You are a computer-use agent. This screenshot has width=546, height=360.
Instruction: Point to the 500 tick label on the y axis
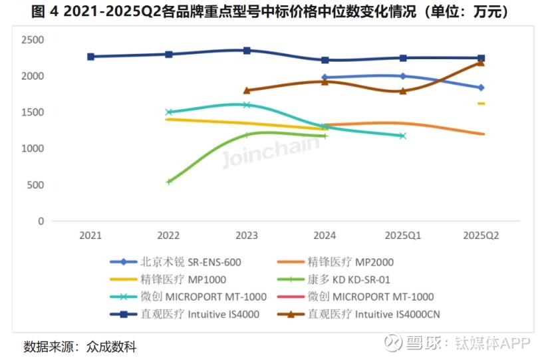35,185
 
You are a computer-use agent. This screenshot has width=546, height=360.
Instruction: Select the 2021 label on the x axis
90,235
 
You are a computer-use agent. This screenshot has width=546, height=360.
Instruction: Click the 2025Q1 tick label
402,235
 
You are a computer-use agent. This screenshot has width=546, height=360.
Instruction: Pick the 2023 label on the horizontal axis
247,235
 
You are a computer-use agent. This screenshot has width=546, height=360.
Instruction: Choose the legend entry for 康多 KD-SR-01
350,279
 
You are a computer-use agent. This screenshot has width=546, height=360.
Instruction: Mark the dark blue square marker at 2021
90,57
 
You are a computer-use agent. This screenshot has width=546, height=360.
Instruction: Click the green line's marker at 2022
169,181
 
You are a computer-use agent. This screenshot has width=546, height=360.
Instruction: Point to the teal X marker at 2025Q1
402,136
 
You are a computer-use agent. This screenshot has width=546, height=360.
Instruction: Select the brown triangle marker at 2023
247,90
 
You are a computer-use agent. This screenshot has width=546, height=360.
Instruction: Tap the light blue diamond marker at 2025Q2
481,87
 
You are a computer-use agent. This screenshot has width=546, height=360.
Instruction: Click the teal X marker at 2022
169,112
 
